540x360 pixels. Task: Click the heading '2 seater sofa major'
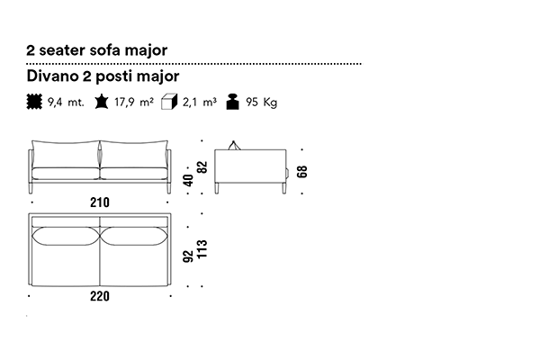pyautogui.click(x=96, y=50)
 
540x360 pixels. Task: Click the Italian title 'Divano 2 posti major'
pyautogui.click(x=103, y=77)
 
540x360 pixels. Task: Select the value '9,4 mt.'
pyautogui.click(x=67, y=103)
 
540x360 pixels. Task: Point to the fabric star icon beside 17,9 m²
pyautogui.click(x=101, y=102)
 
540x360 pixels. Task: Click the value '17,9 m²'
pyautogui.click(x=134, y=103)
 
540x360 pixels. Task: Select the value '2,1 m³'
pyautogui.click(x=199, y=103)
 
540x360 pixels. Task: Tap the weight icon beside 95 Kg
pyautogui.click(x=232, y=102)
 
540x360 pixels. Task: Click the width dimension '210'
pyautogui.click(x=100, y=203)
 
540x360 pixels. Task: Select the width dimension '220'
pyautogui.click(x=100, y=298)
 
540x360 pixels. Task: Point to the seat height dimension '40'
pyautogui.click(x=188, y=179)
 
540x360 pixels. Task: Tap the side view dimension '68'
pyautogui.click(x=302, y=169)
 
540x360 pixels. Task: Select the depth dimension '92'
pyautogui.click(x=188, y=259)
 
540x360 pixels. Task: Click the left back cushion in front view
pyautogui.click(x=66, y=154)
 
